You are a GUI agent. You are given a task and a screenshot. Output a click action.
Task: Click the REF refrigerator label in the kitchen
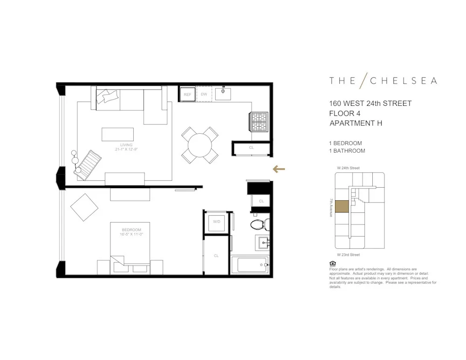(x=187, y=95)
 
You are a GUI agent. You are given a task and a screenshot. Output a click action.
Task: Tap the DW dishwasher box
(x=204, y=94)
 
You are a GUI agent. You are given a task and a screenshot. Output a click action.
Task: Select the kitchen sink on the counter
(x=224, y=93)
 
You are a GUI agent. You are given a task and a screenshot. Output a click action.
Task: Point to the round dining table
(x=200, y=144)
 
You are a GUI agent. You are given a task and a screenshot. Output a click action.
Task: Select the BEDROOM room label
(x=131, y=230)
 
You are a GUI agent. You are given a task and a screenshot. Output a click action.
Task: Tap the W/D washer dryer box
(x=217, y=222)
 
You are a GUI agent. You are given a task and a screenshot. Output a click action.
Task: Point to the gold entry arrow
(x=279, y=169)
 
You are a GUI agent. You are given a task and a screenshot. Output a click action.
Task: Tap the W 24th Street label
(x=349, y=168)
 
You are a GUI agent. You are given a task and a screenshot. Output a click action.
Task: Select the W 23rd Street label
(x=349, y=255)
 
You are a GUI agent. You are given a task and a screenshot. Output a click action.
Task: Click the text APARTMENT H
(x=356, y=123)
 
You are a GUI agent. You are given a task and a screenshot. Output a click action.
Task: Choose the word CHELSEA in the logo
(x=404, y=81)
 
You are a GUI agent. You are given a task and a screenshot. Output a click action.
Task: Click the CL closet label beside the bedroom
(x=216, y=256)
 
